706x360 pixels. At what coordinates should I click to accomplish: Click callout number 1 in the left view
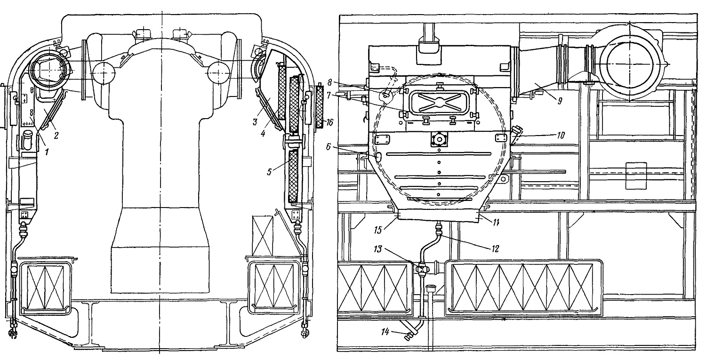47,152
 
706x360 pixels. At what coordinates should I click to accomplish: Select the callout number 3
255,122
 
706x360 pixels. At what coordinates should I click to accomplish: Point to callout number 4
263,134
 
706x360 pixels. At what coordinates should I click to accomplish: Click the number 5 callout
269,172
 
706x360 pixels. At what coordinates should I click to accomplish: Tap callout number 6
329,146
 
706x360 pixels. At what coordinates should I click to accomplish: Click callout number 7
329,95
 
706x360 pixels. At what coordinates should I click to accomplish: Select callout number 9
560,101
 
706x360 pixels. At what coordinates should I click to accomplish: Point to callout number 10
561,135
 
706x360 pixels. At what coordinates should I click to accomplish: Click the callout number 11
496,223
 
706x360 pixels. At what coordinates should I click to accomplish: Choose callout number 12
495,249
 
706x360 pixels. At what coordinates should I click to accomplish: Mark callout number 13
377,249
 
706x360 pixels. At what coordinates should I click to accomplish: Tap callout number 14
385,332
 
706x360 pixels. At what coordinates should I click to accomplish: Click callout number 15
378,230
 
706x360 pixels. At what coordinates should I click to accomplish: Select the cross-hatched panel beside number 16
320,107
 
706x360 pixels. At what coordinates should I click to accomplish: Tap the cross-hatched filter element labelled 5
293,176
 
